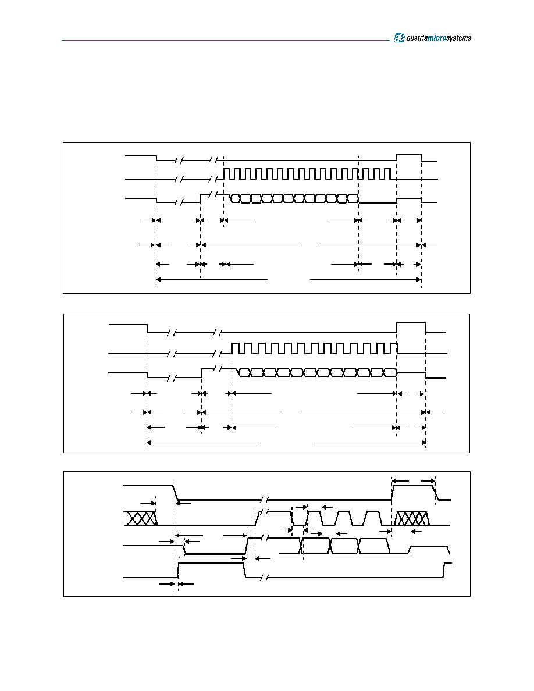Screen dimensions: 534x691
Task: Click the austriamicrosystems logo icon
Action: click(x=399, y=38)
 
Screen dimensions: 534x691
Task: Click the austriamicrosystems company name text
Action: click(x=439, y=38)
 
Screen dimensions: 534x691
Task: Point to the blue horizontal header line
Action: click(x=226, y=41)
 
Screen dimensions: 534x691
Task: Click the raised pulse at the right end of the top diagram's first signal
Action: click(x=409, y=157)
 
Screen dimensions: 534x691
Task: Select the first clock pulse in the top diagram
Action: click(x=226, y=174)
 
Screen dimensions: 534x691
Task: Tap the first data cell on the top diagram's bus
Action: click(x=236, y=198)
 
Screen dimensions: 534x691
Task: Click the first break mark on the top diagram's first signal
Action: click(x=179, y=161)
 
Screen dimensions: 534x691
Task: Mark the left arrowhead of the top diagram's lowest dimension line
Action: click(x=159, y=279)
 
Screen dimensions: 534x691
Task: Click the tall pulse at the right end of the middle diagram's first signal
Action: click(x=411, y=327)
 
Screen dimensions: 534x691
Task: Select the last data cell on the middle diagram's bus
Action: click(x=390, y=373)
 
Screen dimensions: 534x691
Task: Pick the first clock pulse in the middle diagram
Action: click(x=235, y=348)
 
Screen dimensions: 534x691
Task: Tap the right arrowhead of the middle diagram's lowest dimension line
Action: click(x=423, y=443)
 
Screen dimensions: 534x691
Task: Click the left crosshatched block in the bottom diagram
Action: click(x=141, y=518)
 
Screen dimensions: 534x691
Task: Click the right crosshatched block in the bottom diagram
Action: click(x=411, y=518)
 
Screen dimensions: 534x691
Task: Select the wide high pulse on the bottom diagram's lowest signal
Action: click(x=212, y=570)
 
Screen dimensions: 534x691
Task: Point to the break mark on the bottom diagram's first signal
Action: click(x=265, y=500)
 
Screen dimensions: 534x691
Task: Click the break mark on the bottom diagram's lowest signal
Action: click(x=265, y=578)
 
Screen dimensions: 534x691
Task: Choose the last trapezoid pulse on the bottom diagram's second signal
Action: click(x=373, y=518)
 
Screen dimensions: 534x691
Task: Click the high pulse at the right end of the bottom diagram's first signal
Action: click(x=414, y=493)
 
